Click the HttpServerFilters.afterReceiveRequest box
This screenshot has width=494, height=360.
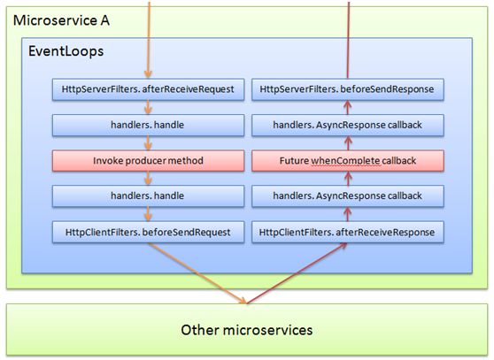coord(147,89)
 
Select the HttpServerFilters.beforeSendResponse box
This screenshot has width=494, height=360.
coord(347,89)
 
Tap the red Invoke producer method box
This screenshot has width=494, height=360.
coord(147,161)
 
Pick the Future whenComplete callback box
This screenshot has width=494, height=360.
coord(347,161)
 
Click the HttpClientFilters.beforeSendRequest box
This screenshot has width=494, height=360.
coord(147,232)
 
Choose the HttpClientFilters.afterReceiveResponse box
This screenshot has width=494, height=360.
coord(347,232)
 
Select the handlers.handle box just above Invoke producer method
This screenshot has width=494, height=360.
coord(147,125)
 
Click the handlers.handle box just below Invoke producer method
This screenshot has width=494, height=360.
coord(147,196)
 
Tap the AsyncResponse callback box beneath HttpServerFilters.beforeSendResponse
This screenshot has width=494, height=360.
coord(347,125)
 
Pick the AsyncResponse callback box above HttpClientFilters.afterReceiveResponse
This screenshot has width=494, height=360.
coord(347,196)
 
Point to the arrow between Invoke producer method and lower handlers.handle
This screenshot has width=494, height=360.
coord(148,179)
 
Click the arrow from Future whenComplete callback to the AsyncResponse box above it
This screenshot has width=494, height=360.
coord(348,143)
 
